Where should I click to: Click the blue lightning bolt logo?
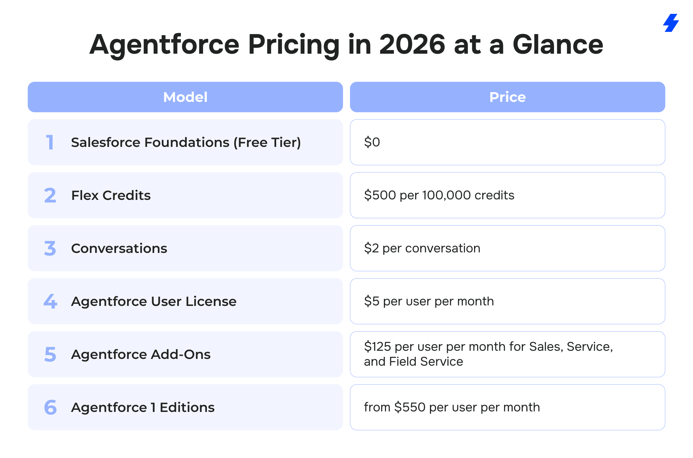(x=671, y=23)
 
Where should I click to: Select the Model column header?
(x=185, y=97)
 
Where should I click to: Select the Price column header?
(x=507, y=97)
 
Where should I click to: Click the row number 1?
(x=50, y=142)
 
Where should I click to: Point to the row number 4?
(x=50, y=301)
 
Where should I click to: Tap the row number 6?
(x=50, y=407)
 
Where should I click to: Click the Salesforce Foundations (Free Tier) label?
(x=186, y=142)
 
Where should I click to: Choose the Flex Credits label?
(x=111, y=195)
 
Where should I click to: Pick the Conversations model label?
(x=119, y=248)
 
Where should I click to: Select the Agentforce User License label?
(x=153, y=301)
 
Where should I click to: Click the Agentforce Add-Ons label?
(x=141, y=354)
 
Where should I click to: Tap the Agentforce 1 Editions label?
(x=143, y=407)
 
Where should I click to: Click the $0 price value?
(x=372, y=142)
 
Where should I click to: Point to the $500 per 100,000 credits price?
(x=439, y=195)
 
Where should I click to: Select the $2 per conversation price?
(x=422, y=248)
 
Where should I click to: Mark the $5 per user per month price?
(x=429, y=301)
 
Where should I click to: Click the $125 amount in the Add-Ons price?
(x=377, y=346)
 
